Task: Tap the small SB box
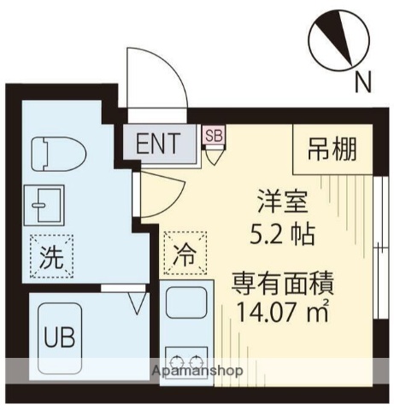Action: click(x=213, y=133)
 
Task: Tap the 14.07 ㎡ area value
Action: click(x=277, y=310)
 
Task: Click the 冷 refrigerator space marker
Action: click(x=184, y=254)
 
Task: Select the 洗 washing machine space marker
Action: click(x=51, y=255)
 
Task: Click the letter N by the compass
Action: click(x=363, y=82)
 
